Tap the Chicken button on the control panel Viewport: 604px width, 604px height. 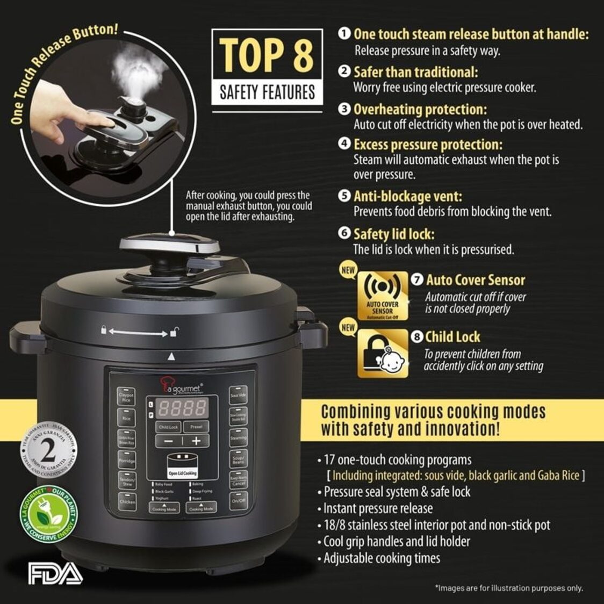[x=127, y=501]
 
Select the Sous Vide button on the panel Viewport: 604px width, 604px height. [x=238, y=395]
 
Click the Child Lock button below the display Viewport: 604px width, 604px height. [x=168, y=427]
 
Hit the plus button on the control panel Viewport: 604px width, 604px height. [x=196, y=441]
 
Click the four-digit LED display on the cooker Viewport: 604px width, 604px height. [x=182, y=408]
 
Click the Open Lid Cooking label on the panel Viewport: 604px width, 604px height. [x=183, y=473]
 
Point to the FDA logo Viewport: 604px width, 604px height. [x=55, y=573]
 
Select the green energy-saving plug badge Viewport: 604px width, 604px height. [x=48, y=515]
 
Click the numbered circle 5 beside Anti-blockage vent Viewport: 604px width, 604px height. [x=344, y=196]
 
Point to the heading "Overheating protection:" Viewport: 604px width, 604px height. [x=420, y=110]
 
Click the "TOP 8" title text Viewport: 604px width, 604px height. [x=267, y=55]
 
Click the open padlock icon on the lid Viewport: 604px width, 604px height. [x=174, y=333]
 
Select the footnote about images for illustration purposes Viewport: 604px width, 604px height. [x=508, y=588]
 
